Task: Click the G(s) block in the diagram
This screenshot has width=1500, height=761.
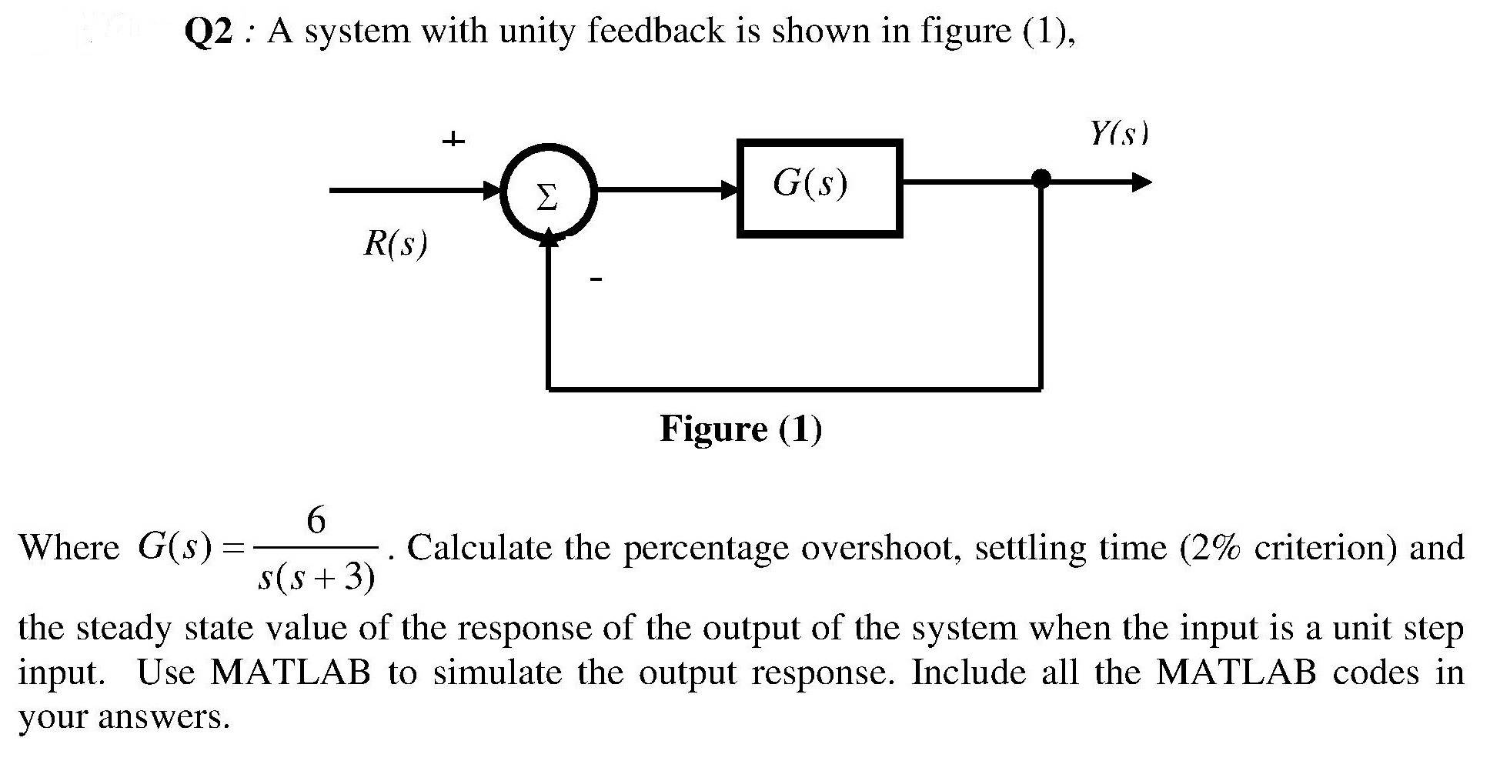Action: pos(819,189)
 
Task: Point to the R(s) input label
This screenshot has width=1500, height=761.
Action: pos(395,244)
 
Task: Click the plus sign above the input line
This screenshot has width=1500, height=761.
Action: pos(453,140)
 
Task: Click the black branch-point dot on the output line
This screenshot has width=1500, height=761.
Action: pos(1041,179)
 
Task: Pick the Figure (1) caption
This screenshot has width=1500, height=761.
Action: pos(740,429)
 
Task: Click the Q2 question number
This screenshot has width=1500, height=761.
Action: pos(208,32)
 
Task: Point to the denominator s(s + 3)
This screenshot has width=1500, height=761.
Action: pos(316,577)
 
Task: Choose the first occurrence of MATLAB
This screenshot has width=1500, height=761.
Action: pos(290,673)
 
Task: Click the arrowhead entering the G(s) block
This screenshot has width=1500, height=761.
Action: pos(727,189)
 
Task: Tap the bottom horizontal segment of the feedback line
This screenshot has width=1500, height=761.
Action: pos(793,389)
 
